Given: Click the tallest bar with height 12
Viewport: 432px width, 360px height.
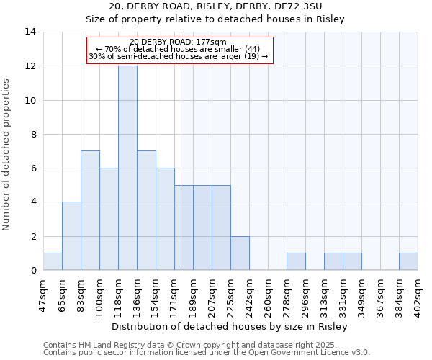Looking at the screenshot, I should point(127,168).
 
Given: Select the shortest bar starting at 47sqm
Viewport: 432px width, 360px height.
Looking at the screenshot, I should point(53,262).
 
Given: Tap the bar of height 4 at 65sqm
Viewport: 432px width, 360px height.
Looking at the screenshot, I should point(71,236).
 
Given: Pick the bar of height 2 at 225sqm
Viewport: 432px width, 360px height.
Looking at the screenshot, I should point(240,253).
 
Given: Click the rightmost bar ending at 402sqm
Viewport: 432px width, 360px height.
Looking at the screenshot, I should point(408,262).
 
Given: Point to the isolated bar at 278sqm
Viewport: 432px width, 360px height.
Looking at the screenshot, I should point(296,262).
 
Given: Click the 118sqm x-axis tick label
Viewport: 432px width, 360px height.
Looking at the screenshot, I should point(118,294).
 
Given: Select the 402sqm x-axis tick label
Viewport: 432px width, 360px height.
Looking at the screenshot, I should point(418,294).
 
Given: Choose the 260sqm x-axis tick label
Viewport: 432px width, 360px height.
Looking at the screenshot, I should point(268,294).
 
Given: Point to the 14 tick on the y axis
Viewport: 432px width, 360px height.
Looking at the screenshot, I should point(30,32).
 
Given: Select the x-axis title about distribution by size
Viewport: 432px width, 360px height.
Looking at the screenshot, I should point(230,326).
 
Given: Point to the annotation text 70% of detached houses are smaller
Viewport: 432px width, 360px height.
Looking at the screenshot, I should point(179,49).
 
